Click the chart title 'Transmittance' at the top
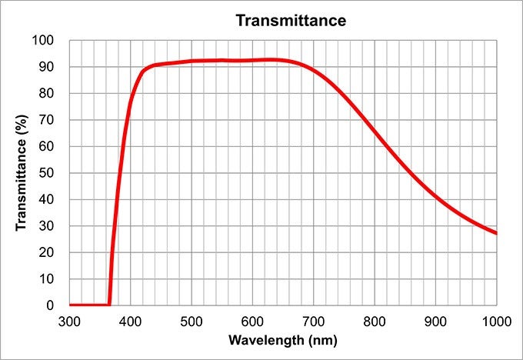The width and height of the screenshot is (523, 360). click(x=291, y=20)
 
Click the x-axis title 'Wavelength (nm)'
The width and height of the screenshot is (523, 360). click(x=283, y=339)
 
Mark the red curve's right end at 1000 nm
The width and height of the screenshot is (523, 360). click(x=496, y=233)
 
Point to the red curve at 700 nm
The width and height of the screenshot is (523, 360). click(x=314, y=71)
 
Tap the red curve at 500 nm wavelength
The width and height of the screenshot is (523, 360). click(x=192, y=61)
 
